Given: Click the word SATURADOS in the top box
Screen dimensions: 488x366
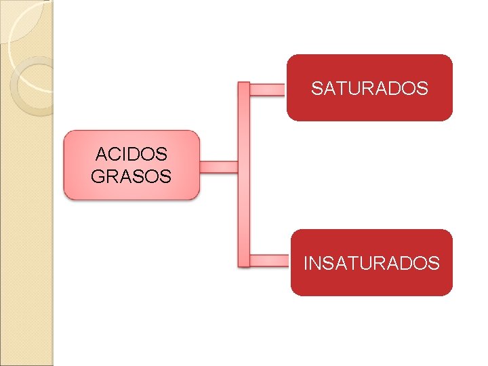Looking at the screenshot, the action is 369,88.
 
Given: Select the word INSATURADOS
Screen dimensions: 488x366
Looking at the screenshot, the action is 371,263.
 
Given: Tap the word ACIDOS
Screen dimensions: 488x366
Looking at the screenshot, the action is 131,154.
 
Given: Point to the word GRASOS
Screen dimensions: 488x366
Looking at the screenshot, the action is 131,176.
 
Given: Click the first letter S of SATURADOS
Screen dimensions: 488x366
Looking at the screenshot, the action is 317,88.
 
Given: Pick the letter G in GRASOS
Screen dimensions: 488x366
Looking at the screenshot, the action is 98,176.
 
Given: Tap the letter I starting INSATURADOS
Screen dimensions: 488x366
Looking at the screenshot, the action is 306,263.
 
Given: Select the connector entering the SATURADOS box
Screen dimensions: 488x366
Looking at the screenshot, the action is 267,89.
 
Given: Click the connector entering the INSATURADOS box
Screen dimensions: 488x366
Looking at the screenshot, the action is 269,260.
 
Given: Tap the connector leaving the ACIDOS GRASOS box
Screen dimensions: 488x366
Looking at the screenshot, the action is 218,167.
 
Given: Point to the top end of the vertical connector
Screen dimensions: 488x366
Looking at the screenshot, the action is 243,85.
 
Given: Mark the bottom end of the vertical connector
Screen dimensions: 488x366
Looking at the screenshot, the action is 243,264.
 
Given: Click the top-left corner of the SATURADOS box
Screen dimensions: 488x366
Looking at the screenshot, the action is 289,58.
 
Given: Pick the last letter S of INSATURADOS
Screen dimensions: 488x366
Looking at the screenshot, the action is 434,263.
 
